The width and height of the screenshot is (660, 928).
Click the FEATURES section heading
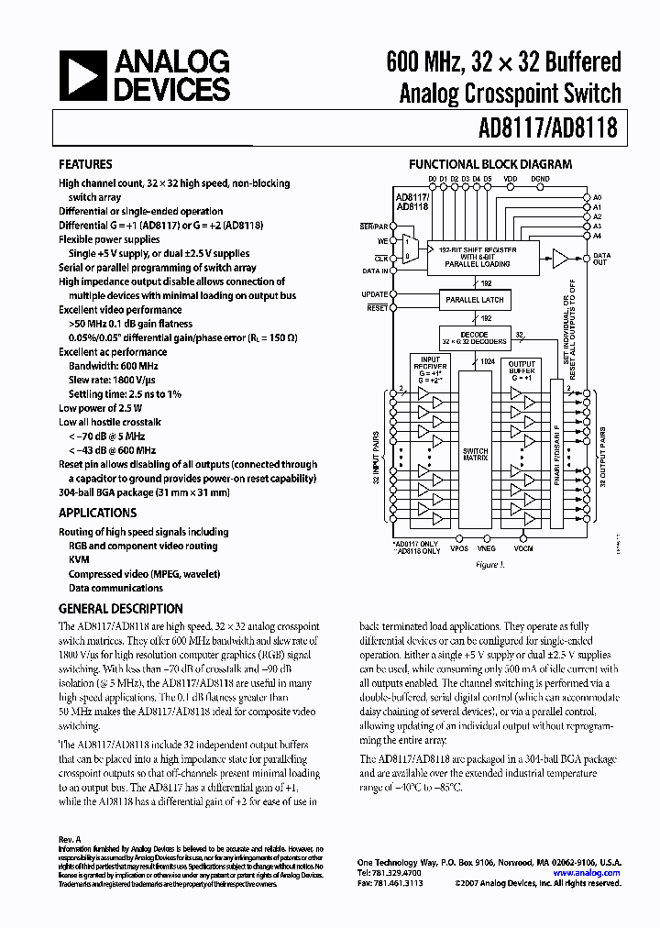click(x=85, y=164)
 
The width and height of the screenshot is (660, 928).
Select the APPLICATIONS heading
click(x=97, y=513)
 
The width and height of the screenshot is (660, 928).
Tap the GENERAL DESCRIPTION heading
click(x=120, y=609)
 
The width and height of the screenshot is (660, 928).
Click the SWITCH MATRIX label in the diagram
click(x=476, y=456)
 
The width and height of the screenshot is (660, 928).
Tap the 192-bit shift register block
click(x=477, y=257)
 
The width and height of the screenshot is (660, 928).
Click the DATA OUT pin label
click(x=600, y=259)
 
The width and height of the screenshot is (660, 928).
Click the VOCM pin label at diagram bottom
click(x=523, y=548)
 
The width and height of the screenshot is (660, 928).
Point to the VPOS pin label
click(x=458, y=548)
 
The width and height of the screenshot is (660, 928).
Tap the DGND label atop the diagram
click(x=540, y=179)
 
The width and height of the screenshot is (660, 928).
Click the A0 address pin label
click(x=597, y=198)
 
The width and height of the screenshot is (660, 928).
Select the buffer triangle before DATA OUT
click(x=559, y=259)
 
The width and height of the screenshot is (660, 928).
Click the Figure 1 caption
click(x=490, y=565)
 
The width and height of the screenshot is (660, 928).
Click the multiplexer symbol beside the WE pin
click(x=409, y=248)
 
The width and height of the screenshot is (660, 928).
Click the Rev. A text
click(x=70, y=839)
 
